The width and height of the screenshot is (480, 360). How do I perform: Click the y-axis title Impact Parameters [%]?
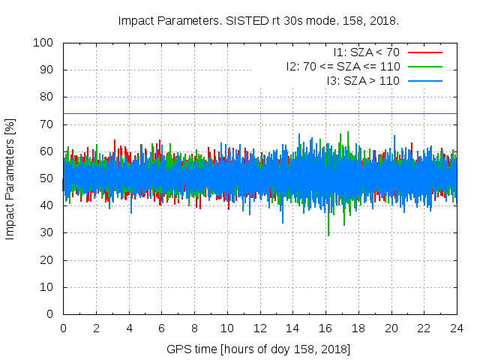(x=10, y=178)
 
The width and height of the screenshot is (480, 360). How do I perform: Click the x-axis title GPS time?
(x=259, y=349)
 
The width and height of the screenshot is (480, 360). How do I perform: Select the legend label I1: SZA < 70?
(x=366, y=52)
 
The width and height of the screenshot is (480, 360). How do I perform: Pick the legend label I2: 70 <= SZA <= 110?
(x=342, y=66)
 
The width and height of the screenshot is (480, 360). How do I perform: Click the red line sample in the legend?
(x=424, y=52)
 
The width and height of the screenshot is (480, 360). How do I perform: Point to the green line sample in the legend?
(x=424, y=66)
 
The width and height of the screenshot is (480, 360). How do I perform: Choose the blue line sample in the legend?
(x=424, y=79)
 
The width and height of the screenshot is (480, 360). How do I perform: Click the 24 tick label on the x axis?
(x=457, y=328)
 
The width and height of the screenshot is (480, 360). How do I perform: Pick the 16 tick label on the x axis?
(x=325, y=328)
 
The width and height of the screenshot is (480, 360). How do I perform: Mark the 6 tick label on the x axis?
(x=161, y=328)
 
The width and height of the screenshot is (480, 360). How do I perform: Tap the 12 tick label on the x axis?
(x=259, y=328)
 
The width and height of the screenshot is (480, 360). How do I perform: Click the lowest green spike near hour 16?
(x=328, y=235)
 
